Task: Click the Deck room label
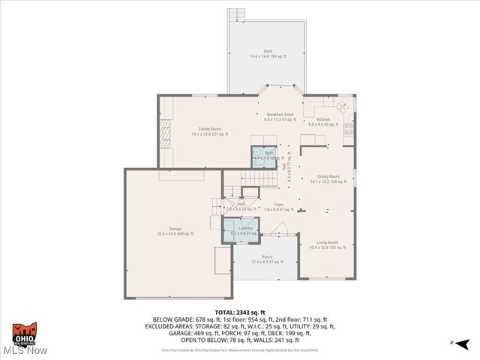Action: click(x=267, y=53)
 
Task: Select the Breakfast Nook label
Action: click(x=278, y=116)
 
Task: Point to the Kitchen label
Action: click(x=323, y=121)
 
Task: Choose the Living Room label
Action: click(x=326, y=244)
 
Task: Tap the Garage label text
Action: click(x=175, y=231)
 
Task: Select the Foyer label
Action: click(x=278, y=207)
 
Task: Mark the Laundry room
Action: click(x=240, y=231)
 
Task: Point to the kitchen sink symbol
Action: click(x=341, y=106)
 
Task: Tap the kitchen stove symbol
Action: click(x=349, y=129)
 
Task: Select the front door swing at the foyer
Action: click(x=280, y=229)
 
